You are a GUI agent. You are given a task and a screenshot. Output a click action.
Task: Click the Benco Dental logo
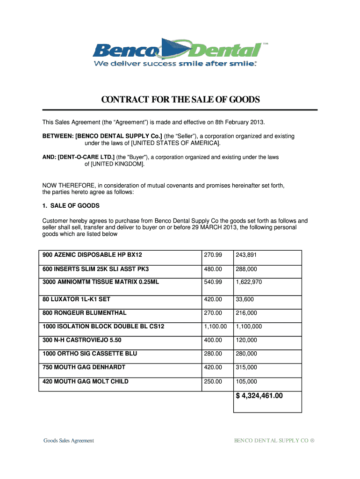pyautogui.click(x=180, y=52)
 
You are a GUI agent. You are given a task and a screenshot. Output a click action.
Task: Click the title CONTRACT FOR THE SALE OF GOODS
pyautogui.click(x=180, y=100)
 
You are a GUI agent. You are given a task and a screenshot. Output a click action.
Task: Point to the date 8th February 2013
pyautogui.click(x=239, y=123)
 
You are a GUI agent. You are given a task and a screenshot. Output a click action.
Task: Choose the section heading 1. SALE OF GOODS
pyautogui.click(x=71, y=206)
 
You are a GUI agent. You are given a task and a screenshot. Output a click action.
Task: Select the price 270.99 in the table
pyautogui.click(x=212, y=255)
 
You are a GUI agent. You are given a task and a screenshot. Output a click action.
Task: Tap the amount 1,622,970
pyautogui.click(x=249, y=283)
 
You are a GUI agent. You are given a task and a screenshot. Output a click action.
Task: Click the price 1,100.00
pyautogui.click(x=215, y=327)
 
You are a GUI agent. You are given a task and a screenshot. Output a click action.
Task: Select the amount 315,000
pyautogui.click(x=246, y=368)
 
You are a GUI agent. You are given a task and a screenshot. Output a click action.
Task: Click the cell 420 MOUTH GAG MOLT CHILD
pyautogui.click(x=85, y=382)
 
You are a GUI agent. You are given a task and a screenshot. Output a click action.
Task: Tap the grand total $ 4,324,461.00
pyautogui.click(x=259, y=396)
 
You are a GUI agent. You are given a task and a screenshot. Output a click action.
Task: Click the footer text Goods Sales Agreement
pyautogui.click(x=69, y=440)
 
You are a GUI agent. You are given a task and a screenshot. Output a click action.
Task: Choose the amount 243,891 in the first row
pyautogui.click(x=246, y=255)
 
